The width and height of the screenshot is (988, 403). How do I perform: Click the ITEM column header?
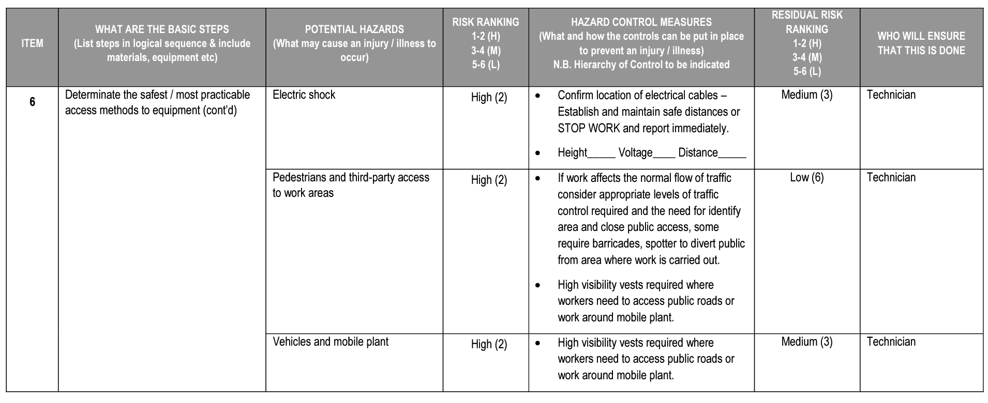[x=32, y=43]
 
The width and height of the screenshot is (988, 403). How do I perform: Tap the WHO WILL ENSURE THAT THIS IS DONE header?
[x=921, y=43]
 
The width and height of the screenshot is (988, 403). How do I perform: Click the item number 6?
[x=32, y=102]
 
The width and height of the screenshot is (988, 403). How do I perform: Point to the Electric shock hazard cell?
[x=304, y=95]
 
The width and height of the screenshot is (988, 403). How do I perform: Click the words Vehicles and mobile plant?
[x=331, y=342]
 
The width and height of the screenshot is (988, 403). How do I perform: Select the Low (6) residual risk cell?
[x=806, y=178]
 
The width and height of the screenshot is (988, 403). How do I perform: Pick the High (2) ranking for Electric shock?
[x=489, y=98]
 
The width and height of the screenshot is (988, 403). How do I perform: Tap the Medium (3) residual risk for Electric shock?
[x=806, y=95]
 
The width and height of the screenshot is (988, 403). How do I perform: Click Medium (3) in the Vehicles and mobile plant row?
[x=806, y=342]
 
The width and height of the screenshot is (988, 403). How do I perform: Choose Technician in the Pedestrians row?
[x=891, y=178]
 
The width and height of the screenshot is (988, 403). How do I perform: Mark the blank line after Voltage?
[x=665, y=156]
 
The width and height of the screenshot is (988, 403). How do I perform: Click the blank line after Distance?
[x=732, y=156]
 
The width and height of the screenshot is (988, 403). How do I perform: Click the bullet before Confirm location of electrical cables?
[x=538, y=96]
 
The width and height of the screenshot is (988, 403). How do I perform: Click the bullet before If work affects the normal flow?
[x=538, y=179]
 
